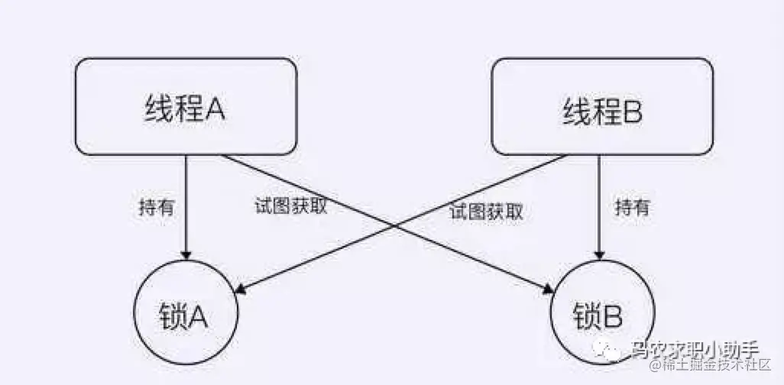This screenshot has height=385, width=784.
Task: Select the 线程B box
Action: tap(601, 107)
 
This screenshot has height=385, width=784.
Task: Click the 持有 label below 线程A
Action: tap(157, 207)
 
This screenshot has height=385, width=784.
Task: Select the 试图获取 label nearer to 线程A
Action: tap(290, 206)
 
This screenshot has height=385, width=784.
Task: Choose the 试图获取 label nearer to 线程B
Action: tap(486, 212)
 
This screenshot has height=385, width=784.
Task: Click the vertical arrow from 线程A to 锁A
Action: tap(185, 206)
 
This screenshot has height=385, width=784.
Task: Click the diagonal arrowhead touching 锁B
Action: tap(548, 289)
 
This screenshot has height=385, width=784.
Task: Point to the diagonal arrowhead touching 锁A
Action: tap(238, 290)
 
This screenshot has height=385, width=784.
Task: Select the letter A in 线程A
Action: tap(214, 109)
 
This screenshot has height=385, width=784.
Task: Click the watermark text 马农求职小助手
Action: tap(694, 351)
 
